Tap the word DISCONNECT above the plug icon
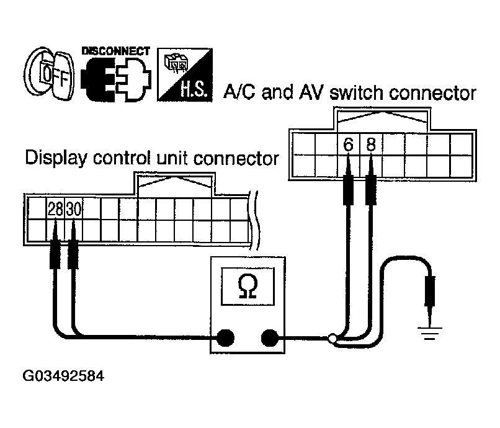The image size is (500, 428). coord(116,51)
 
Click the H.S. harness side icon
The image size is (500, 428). coord(185,73)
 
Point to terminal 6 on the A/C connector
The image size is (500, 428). coord(348,145)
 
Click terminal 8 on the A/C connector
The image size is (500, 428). coord(370,145)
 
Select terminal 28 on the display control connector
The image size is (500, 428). coord(56,210)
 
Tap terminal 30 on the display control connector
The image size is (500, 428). coord(74,210)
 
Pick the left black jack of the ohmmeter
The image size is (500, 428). coord(224,338)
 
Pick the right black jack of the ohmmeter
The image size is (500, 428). coord(269,338)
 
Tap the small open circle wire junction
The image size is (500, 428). coord(333,339)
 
